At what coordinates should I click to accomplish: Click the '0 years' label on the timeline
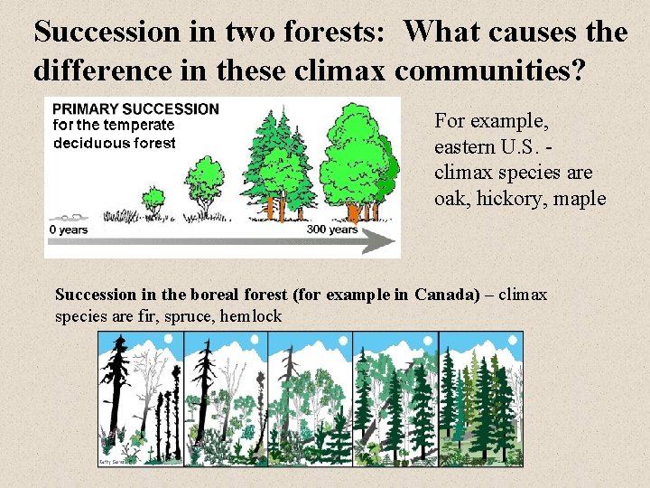pos(69,230)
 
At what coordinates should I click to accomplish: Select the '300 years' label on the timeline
pos(331,230)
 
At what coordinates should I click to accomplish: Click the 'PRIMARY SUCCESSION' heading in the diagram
pos(135,108)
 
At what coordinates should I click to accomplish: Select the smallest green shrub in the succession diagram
pos(154,198)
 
